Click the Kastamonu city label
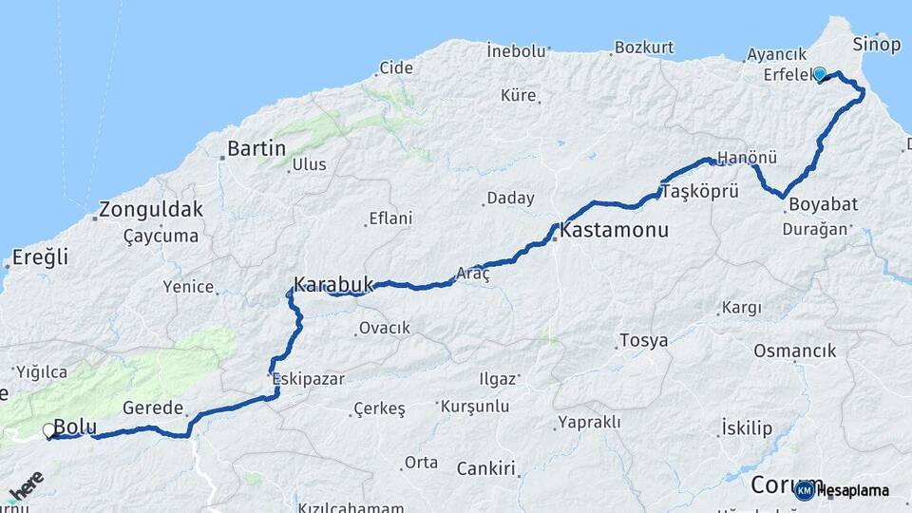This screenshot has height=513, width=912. tap(615, 230)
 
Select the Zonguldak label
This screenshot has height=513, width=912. tap(152, 210)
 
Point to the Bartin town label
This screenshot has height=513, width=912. tap(256, 148)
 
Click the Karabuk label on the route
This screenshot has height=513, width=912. tap(332, 284)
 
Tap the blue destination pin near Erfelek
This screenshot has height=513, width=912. tap(819, 74)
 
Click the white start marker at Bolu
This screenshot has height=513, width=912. tap(49, 431)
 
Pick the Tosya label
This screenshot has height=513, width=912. tap(643, 340)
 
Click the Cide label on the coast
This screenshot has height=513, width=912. tap(396, 67)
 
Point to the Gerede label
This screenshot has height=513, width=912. tap(152, 408)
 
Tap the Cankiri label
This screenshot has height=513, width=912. tap(485, 468)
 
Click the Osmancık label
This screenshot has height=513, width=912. tap(794, 351)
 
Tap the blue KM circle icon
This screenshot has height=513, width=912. tap(804, 489)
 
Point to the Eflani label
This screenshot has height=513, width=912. tap(389, 218)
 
